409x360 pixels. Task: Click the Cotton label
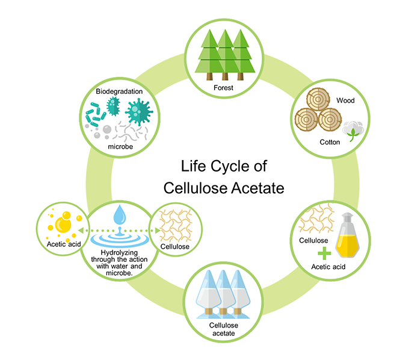click(330, 142)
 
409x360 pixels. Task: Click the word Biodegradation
click(118, 92)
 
